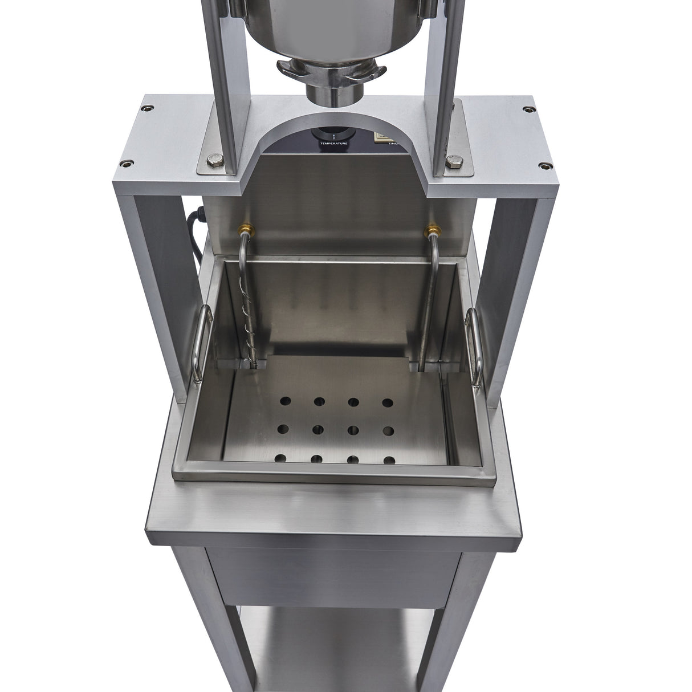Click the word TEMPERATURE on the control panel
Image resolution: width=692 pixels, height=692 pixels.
[x=333, y=143]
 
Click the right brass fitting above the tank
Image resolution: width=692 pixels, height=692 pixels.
[x=431, y=230]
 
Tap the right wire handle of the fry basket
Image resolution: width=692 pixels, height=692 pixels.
[x=474, y=342]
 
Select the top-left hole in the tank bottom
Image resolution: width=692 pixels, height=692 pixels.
[x=284, y=402]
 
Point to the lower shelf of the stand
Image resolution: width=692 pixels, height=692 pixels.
[x=331, y=656]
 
